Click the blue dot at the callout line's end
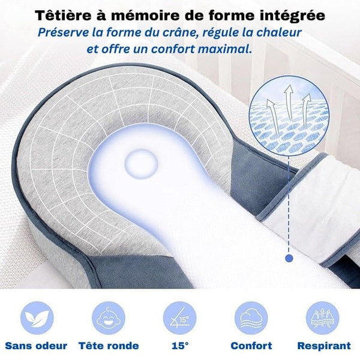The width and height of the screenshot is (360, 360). [290, 259]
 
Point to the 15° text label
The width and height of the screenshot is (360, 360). [180, 346]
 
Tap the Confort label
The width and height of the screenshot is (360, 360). [251, 346]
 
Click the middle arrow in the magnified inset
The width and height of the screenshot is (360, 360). [290, 102]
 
